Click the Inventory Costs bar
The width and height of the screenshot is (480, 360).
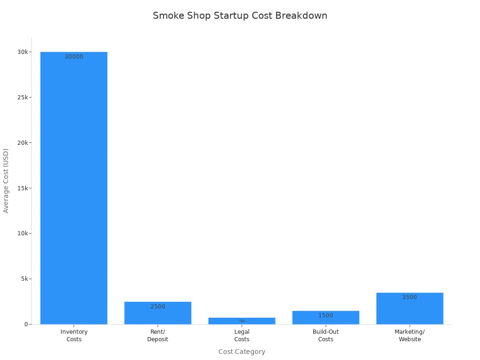coord(74,187)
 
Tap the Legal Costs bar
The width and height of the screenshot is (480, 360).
coord(242,321)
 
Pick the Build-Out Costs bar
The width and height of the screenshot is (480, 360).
coord(326,318)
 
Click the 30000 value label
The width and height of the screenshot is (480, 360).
coord(74,57)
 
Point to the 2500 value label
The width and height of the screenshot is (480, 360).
coord(157,307)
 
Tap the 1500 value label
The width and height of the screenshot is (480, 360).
coord(326,315)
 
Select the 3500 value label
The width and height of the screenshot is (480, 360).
coord(410,297)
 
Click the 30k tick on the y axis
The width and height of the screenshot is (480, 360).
coord(22,52)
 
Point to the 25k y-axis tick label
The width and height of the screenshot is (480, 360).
coord(22,97)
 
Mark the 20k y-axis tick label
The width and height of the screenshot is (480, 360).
coord(22,142)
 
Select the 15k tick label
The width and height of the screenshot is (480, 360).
coord(22,188)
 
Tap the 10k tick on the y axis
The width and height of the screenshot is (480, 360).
coord(22,233)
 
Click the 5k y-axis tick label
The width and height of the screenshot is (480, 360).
coord(23,279)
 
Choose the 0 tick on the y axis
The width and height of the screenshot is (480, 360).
coord(26,324)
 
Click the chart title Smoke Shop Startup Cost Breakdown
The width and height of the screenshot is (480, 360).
coord(240,15)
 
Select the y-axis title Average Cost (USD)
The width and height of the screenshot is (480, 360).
coord(6,180)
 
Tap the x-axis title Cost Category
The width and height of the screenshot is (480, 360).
coord(242,352)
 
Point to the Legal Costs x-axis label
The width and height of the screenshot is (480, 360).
coord(242,336)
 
